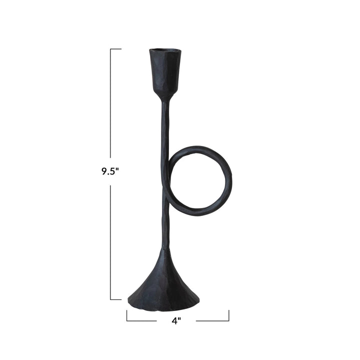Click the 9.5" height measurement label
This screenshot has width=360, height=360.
109,171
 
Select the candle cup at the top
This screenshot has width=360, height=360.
164,72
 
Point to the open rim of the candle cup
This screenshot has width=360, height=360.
164,51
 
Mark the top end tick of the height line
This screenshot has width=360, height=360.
115,49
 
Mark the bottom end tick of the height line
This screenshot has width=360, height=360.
115,299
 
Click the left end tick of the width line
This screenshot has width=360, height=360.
127,315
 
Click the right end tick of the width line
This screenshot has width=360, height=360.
229,315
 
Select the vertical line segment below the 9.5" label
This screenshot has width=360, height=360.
110,240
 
